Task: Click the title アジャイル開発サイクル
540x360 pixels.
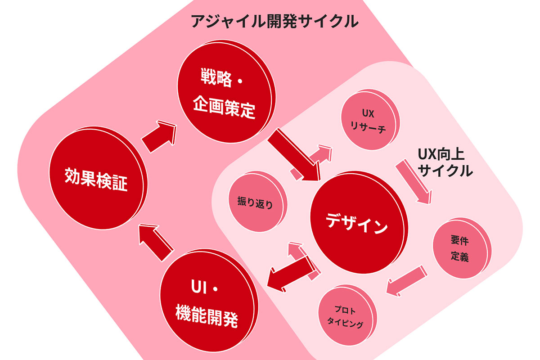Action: click(x=274, y=21)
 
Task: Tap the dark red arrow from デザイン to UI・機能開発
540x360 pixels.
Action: click(x=290, y=274)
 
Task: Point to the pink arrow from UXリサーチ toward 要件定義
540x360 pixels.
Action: click(x=414, y=182)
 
